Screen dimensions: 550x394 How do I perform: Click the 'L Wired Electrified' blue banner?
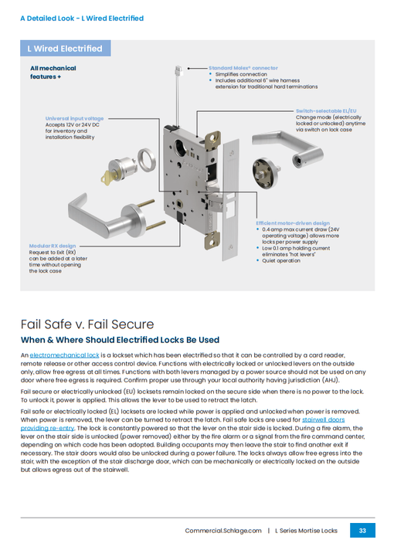click(x=65, y=49)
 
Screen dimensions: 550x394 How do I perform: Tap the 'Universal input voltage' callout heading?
click(x=74, y=117)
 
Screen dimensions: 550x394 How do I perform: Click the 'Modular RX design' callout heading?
click(x=53, y=246)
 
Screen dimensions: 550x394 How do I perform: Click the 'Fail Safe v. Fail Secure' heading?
click(x=87, y=324)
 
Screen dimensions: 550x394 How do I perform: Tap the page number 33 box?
click(x=362, y=531)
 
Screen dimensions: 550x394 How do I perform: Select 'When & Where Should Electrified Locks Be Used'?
click(x=120, y=340)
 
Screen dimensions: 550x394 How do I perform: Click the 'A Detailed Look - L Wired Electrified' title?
click(x=82, y=18)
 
